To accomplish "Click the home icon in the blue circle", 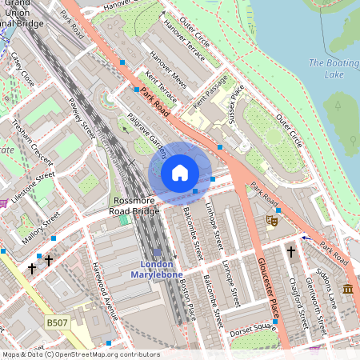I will coord(180,172).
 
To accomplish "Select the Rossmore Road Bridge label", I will coord(134,206).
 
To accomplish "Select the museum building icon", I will coord(347,289).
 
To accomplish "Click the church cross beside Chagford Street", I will coord(290,251).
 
